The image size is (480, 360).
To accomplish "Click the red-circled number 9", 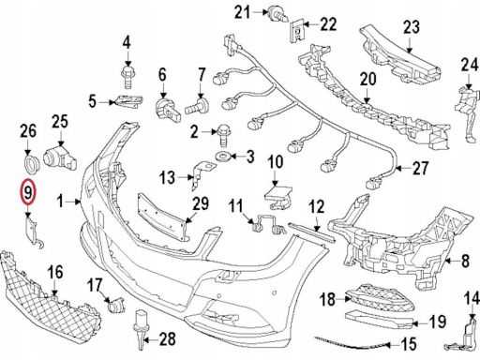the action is tap(28, 192).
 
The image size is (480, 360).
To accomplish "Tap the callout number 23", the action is tap(412, 27).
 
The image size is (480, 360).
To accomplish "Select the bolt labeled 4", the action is tap(127, 77).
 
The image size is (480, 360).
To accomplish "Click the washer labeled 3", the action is tap(222, 156).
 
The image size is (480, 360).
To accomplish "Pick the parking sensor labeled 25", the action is tap(60, 157).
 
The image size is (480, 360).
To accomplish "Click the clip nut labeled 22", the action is tap(297, 32).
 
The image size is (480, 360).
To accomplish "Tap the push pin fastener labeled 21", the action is tap(277, 14).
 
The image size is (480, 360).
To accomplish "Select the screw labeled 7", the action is tap(197, 106).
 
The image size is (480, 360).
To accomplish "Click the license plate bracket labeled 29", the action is tap(163, 217).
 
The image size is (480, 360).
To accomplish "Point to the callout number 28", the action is tap(168, 339).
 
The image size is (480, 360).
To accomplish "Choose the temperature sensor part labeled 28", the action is tap(141, 329).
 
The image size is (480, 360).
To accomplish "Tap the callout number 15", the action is tap(409, 344).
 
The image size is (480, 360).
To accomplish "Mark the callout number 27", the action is tap(420, 169).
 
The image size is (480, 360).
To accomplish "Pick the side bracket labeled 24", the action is tap(467, 114).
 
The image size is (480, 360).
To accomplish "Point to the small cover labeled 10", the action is tap(278, 197).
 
